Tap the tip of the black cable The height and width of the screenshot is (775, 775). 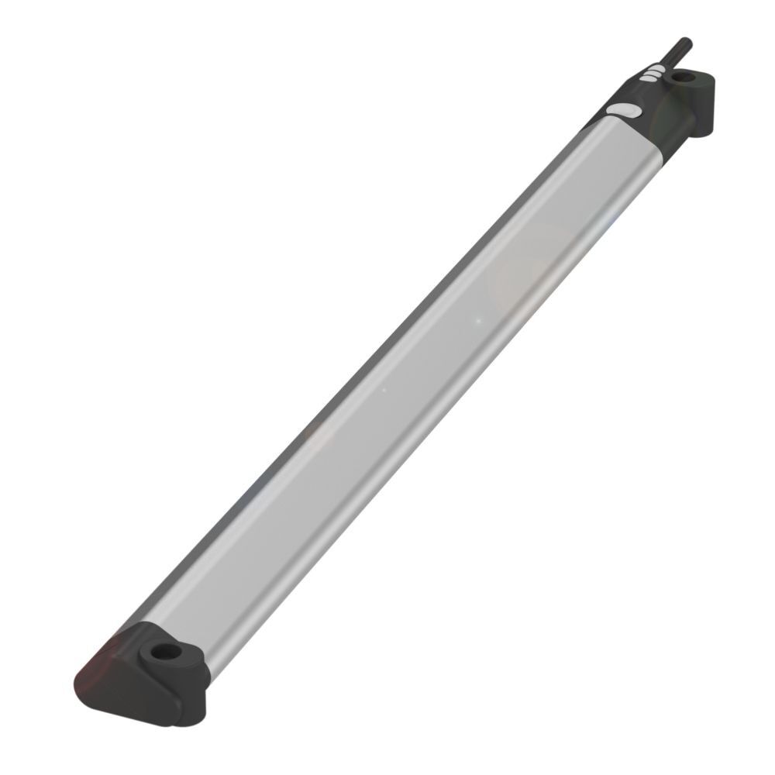coord(686,41)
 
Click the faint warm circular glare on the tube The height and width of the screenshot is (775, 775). coord(535,271)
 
